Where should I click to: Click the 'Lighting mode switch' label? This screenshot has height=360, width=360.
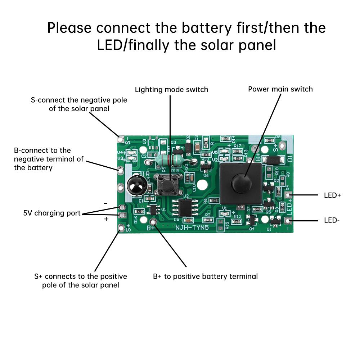(x=171, y=89)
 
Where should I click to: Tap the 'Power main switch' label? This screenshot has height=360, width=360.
(x=280, y=89)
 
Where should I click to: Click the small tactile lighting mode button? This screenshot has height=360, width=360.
(x=166, y=185)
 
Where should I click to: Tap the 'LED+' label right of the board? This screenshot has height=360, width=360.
(x=332, y=195)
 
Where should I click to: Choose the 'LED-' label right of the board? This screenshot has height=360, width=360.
(x=332, y=220)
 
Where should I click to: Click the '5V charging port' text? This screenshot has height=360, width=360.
(x=52, y=213)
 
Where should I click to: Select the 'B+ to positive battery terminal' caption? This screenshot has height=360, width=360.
(x=205, y=276)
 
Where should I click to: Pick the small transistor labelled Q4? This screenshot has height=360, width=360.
(x=252, y=219)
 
